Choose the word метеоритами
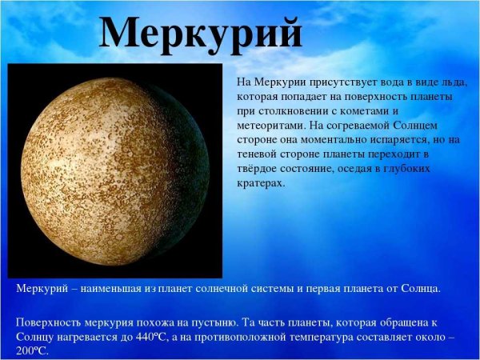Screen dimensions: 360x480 [x=270, y=126]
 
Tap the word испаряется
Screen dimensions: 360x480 [x=410, y=140]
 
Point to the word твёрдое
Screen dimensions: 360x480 [x=260, y=169]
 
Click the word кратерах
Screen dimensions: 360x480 [x=261, y=183]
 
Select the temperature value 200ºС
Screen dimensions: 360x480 [x=32, y=350]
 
